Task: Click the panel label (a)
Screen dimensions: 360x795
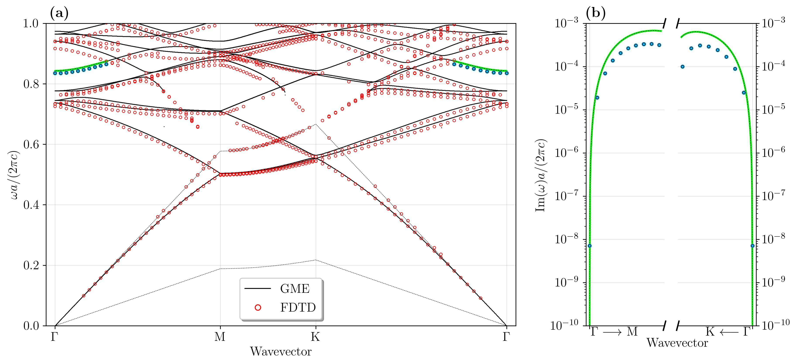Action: point(59,13)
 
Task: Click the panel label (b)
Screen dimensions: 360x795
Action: point(595,13)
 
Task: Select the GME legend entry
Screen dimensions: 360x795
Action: point(294,289)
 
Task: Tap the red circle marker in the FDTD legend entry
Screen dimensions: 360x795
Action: point(258,307)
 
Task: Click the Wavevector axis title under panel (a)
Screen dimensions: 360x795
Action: point(280,351)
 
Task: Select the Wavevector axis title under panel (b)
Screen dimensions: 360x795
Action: point(677,343)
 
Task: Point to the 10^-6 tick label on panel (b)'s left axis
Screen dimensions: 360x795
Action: point(567,153)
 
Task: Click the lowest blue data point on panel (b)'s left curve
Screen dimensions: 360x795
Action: point(590,246)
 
